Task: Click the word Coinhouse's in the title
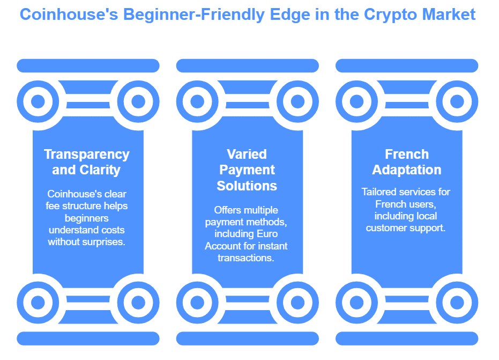(x=69, y=14)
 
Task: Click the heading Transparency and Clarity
(x=87, y=162)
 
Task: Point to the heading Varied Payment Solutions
(x=247, y=170)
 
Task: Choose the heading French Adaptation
(x=407, y=162)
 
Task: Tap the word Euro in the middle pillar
(x=267, y=234)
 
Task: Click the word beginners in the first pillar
(x=87, y=218)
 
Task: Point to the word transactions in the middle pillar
(x=245, y=258)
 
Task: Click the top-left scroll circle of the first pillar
(x=38, y=101)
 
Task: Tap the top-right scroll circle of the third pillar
(x=457, y=101)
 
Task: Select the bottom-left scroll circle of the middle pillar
(x=197, y=303)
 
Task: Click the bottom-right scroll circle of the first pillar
(x=138, y=303)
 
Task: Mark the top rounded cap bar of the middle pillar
(x=247, y=65)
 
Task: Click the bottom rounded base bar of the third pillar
(x=407, y=339)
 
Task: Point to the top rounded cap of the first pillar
(x=88, y=65)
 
